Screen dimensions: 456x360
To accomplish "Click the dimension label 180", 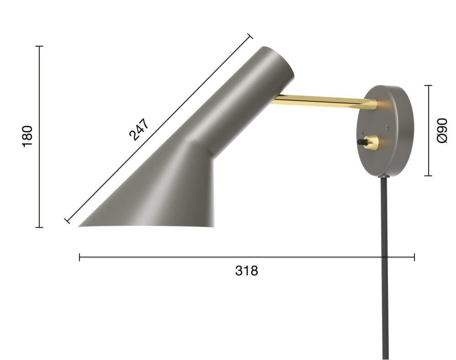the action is click(27, 136).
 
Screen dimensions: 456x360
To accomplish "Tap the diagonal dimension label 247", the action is click(139, 129).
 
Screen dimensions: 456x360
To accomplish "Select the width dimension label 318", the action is click(246, 271).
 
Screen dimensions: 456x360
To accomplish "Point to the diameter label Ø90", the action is click(442, 130).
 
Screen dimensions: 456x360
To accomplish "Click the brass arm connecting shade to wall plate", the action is click(323, 102).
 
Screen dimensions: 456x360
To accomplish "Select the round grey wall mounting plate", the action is click(385, 131).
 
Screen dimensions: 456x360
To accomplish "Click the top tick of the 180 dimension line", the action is click(39, 46).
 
